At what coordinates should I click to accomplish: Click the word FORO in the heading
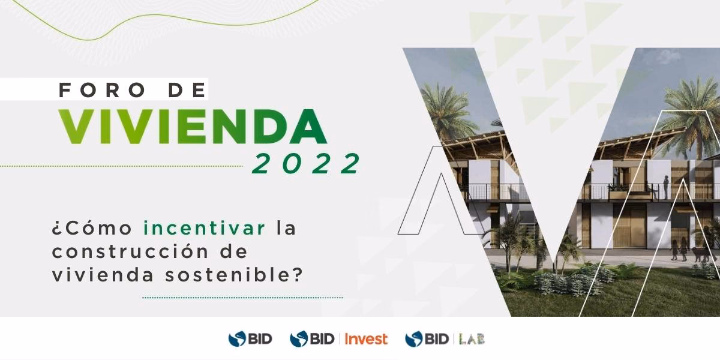99,90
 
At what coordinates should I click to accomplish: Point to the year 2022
306,164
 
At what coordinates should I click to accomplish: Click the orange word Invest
366,339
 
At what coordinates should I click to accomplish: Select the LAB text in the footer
472,339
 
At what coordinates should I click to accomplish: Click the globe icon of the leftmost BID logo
238,339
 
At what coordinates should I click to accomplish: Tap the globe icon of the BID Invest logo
299,339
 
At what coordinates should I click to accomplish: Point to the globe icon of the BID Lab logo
414,339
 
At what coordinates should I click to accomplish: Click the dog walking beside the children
698,254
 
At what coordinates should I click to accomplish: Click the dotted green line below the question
242,297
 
